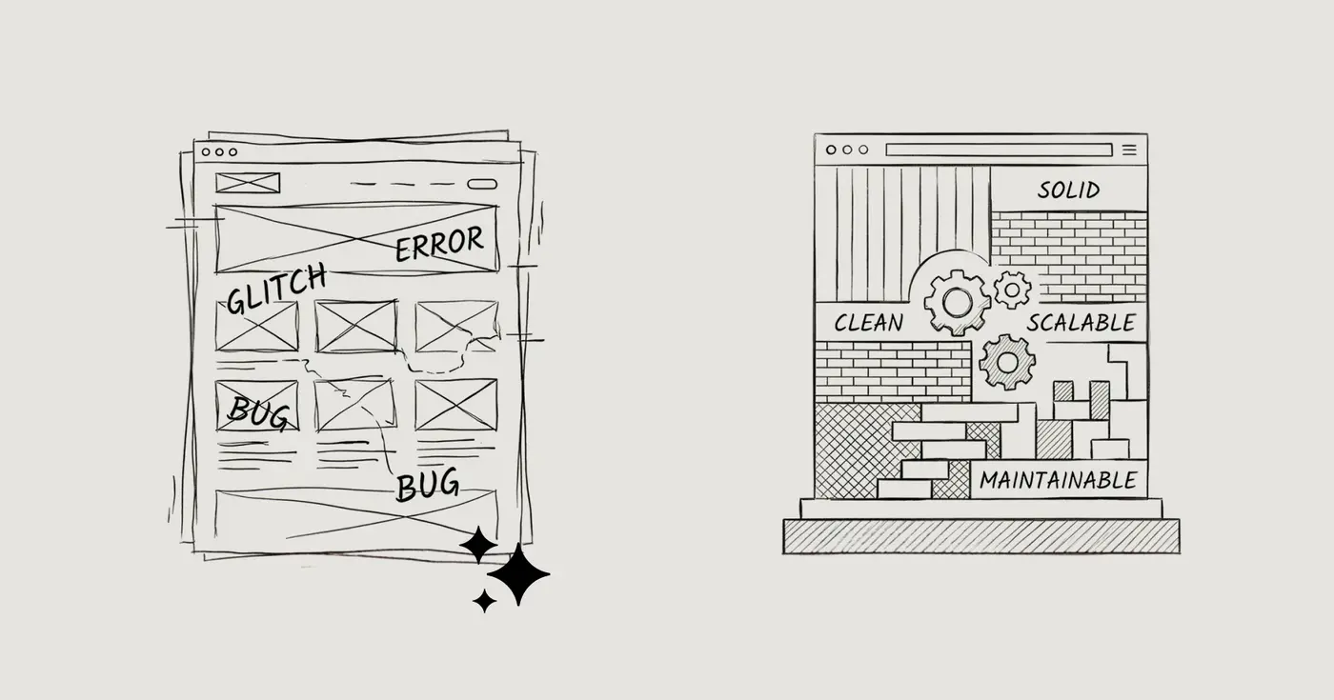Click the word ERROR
coord(439,244)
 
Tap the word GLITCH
coord(276,289)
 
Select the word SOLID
coord(1068,190)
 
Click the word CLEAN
coord(868,323)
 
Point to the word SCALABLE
coord(1081,323)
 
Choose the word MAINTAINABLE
coord(1059,480)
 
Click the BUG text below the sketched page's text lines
coord(428,485)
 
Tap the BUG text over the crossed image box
coord(259,411)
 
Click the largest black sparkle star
coord(518,574)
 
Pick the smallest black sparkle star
coord(485,601)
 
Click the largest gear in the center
coord(957,303)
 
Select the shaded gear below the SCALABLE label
coord(1007,362)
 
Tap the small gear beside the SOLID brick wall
coord(1012,290)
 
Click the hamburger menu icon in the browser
coord(1130,150)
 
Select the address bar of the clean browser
coord(999,150)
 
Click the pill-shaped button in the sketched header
coord(482,184)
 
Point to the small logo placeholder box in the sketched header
coord(248,183)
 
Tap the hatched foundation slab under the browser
coord(980,536)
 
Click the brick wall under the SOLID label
coord(1069,256)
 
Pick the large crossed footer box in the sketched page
coord(355,515)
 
